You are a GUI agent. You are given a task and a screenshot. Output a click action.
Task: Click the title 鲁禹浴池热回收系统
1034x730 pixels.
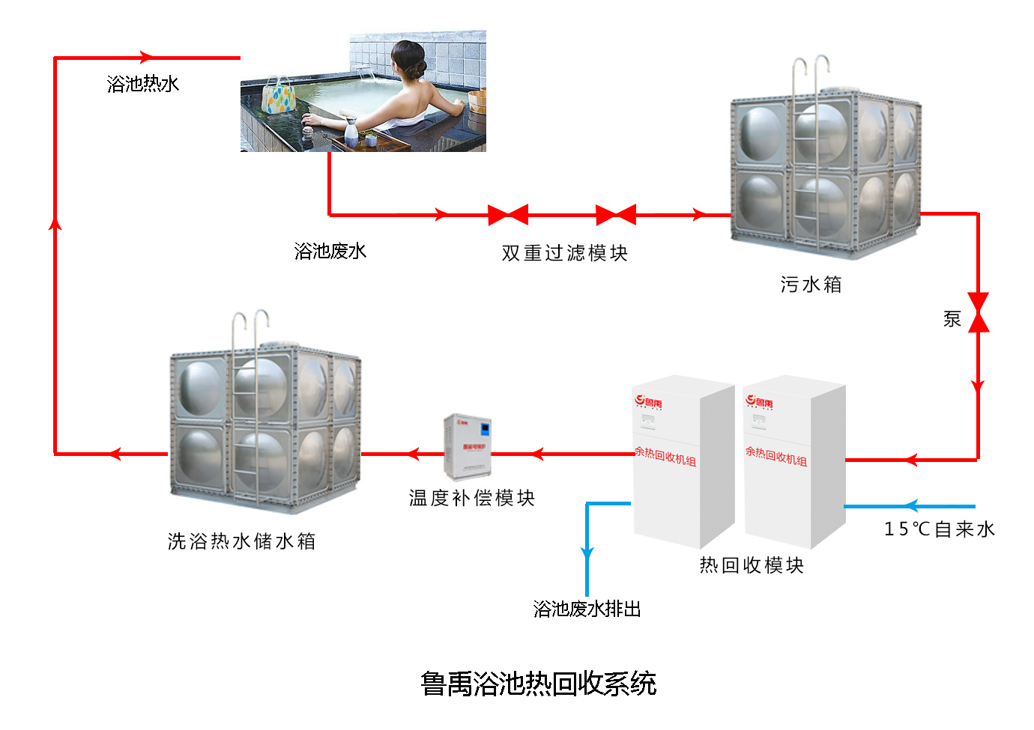click(x=538, y=684)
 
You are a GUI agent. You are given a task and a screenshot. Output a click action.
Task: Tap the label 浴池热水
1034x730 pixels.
click(x=143, y=84)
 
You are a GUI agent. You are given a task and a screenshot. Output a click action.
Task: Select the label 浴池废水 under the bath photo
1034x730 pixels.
click(x=330, y=251)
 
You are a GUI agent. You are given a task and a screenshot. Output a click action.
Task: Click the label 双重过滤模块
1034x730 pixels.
click(x=564, y=253)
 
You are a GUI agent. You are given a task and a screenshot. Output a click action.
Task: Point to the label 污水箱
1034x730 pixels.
click(x=811, y=285)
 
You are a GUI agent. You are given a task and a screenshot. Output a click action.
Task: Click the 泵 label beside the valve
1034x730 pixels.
click(x=952, y=319)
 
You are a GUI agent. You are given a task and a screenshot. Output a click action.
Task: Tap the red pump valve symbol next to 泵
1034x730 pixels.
click(x=978, y=312)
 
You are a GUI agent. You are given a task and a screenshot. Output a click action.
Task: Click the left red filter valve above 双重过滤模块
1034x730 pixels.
click(x=508, y=215)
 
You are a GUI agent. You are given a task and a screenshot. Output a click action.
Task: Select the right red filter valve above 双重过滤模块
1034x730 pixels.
click(x=616, y=215)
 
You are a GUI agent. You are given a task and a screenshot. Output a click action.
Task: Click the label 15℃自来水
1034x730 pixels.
click(x=940, y=529)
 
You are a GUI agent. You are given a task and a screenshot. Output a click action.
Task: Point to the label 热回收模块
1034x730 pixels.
click(x=752, y=565)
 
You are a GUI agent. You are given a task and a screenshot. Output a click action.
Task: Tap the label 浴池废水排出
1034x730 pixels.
click(x=587, y=609)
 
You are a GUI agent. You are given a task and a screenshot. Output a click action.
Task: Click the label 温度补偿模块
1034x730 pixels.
click(x=471, y=498)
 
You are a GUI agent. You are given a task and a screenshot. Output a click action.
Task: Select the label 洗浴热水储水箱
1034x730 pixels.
click(x=241, y=541)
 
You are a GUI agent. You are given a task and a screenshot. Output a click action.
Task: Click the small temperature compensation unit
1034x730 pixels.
click(x=468, y=447)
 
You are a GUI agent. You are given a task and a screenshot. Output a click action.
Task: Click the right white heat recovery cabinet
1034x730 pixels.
click(x=793, y=460)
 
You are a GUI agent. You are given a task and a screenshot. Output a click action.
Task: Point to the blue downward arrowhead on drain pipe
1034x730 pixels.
click(x=587, y=555)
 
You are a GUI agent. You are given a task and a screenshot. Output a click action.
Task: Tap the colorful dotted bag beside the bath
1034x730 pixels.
click(x=279, y=96)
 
